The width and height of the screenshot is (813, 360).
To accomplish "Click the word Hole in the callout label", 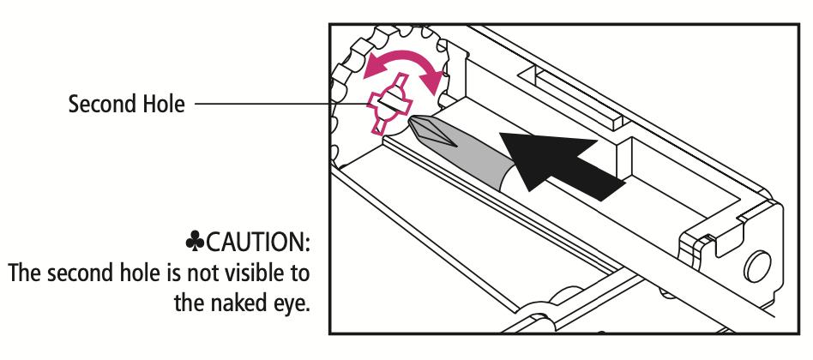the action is pyautogui.click(x=163, y=104).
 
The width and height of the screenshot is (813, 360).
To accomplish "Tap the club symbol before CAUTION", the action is pyautogui.click(x=195, y=242).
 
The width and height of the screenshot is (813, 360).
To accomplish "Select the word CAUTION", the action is pyautogui.click(x=257, y=242).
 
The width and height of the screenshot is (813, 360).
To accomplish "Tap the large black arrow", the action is pyautogui.click(x=555, y=163).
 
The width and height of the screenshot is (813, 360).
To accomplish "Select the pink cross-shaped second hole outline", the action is pyautogui.click(x=390, y=104).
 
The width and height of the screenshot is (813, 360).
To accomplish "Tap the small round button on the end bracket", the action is pyautogui.click(x=757, y=267).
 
